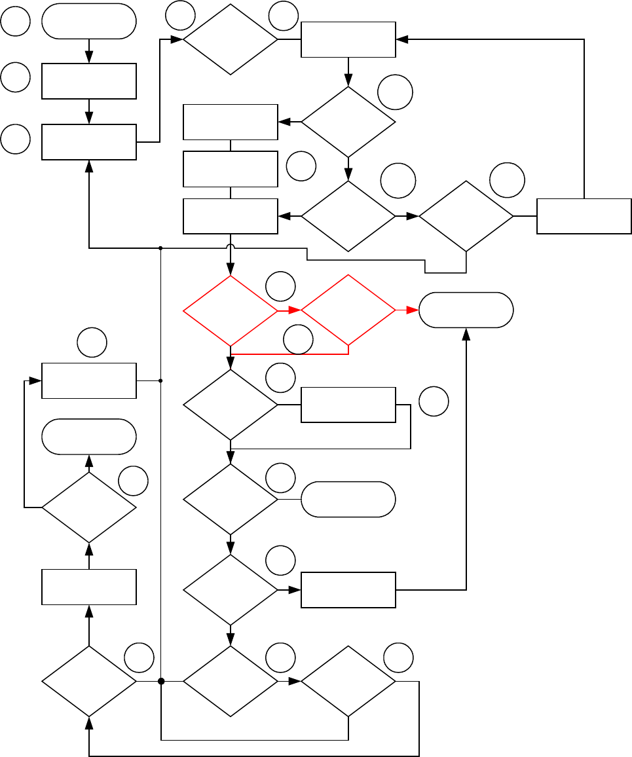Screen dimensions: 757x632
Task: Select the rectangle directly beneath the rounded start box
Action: coord(89,81)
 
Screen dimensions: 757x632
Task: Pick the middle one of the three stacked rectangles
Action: coord(230,169)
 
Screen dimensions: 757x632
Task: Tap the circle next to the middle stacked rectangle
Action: coord(301,166)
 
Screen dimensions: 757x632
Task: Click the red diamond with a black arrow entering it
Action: coord(230,311)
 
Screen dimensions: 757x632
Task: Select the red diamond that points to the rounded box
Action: coord(348,311)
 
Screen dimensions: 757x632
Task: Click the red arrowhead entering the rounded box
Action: coord(413,311)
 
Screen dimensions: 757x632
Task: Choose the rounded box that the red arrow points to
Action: coord(466,310)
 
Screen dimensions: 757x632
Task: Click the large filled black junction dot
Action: coord(160,682)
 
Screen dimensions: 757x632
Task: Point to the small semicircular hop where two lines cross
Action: coord(230,248)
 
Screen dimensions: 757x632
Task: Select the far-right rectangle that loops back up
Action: coord(584,216)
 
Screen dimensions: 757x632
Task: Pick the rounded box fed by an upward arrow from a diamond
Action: coord(89,436)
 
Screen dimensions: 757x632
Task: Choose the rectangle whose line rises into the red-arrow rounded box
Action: coord(348,590)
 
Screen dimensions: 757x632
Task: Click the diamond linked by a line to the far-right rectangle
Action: coord(466,216)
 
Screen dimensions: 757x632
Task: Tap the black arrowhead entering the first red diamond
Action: coord(230,269)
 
